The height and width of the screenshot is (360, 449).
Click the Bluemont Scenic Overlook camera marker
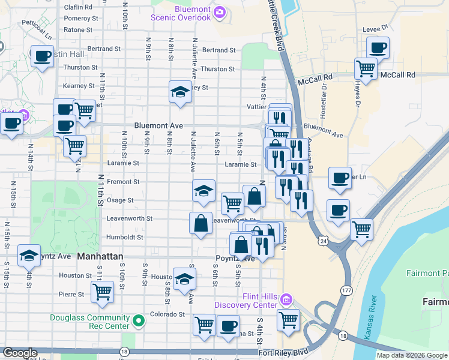(220, 11)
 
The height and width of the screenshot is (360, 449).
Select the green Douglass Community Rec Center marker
(139, 321)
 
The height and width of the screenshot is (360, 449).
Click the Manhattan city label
(100, 256)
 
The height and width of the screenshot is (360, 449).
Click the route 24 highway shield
(323, 241)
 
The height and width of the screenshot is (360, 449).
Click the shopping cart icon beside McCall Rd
(365, 68)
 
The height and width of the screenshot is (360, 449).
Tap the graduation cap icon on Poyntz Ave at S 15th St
(29, 255)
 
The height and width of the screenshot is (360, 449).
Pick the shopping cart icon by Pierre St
(103, 292)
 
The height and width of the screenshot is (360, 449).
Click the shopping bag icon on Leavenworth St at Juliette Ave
(200, 223)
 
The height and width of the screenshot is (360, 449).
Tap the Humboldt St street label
(125, 237)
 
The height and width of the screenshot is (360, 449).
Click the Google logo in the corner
(20, 353)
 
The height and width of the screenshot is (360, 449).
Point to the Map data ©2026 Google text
(412, 355)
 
